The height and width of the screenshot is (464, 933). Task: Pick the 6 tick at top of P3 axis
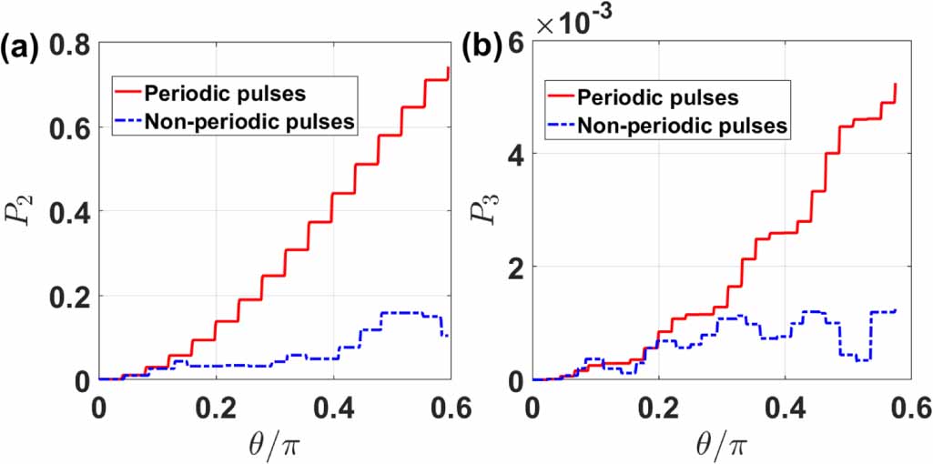(x=518, y=43)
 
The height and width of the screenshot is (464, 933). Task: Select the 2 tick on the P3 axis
(x=518, y=267)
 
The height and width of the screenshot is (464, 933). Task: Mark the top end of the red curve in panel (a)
(x=449, y=67)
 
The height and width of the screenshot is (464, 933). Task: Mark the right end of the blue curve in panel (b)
(x=896, y=310)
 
